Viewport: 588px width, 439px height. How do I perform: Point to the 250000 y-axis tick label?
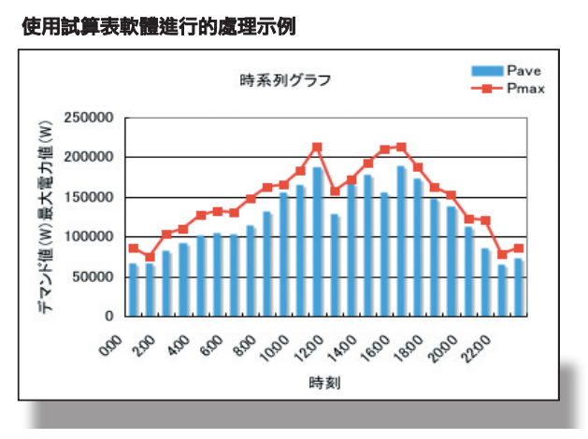click(x=90, y=118)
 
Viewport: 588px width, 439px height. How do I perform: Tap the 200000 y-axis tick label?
click(x=90, y=158)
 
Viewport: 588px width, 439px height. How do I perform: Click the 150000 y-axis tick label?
click(x=90, y=198)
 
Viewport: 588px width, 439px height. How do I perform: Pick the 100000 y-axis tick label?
click(x=90, y=237)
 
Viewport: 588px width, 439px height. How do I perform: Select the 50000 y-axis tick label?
click(x=93, y=277)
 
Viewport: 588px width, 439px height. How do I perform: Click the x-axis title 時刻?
click(x=322, y=383)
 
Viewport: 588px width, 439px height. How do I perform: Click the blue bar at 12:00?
click(x=318, y=241)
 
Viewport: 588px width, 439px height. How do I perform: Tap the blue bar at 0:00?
click(x=134, y=290)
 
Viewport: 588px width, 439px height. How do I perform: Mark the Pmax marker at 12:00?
click(x=318, y=148)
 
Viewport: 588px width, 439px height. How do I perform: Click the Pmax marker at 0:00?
click(x=134, y=248)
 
